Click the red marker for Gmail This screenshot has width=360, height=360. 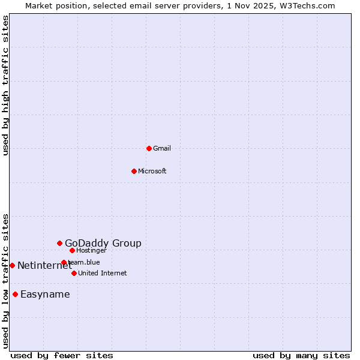click(149, 148)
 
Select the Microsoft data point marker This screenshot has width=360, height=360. click(134, 171)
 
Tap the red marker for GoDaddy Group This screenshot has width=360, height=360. click(59, 243)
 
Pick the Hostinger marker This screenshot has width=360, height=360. click(72, 250)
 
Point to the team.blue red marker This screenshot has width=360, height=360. click(64, 262)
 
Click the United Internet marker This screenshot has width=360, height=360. click(74, 273)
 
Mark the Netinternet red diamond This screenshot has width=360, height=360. click(12, 265)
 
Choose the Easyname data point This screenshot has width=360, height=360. click(15, 294)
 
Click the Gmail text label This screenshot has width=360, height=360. click(162, 148)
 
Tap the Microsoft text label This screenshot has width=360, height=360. click(152, 171)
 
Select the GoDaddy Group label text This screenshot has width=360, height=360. click(103, 243)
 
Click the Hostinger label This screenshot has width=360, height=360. click(92, 250)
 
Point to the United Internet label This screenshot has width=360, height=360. click(103, 273)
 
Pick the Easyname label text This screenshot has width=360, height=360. click(45, 294)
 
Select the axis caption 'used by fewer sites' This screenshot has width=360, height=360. click(62, 355)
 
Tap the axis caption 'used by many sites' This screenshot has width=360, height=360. click(301, 355)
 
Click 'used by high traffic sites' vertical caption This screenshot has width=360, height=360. click(5, 85)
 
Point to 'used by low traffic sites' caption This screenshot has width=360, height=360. click(5, 281)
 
